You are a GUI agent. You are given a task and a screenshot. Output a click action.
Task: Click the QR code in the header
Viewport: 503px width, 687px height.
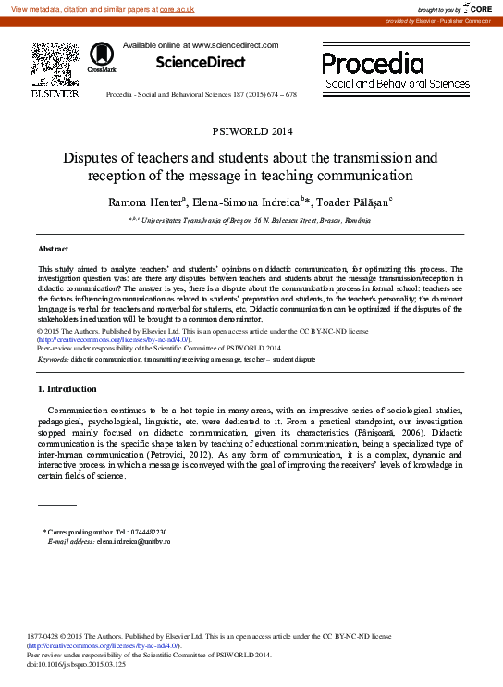pyautogui.click(x=53, y=61)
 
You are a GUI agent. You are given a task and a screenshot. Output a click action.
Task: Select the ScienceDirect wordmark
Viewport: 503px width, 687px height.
pyautogui.click(x=201, y=63)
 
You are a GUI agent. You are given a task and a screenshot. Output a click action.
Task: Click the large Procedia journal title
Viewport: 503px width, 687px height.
pyautogui.click(x=373, y=63)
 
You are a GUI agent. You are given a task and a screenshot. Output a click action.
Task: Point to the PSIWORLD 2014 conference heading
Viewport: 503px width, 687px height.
pyautogui.click(x=251, y=130)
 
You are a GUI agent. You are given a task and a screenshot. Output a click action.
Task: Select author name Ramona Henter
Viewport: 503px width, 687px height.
pyautogui.click(x=150, y=199)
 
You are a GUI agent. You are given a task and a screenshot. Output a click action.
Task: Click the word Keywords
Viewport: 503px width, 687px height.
pyautogui.click(x=52, y=357)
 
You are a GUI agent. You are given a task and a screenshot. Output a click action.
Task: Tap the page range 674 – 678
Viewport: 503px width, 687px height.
pyautogui.click(x=281, y=95)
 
